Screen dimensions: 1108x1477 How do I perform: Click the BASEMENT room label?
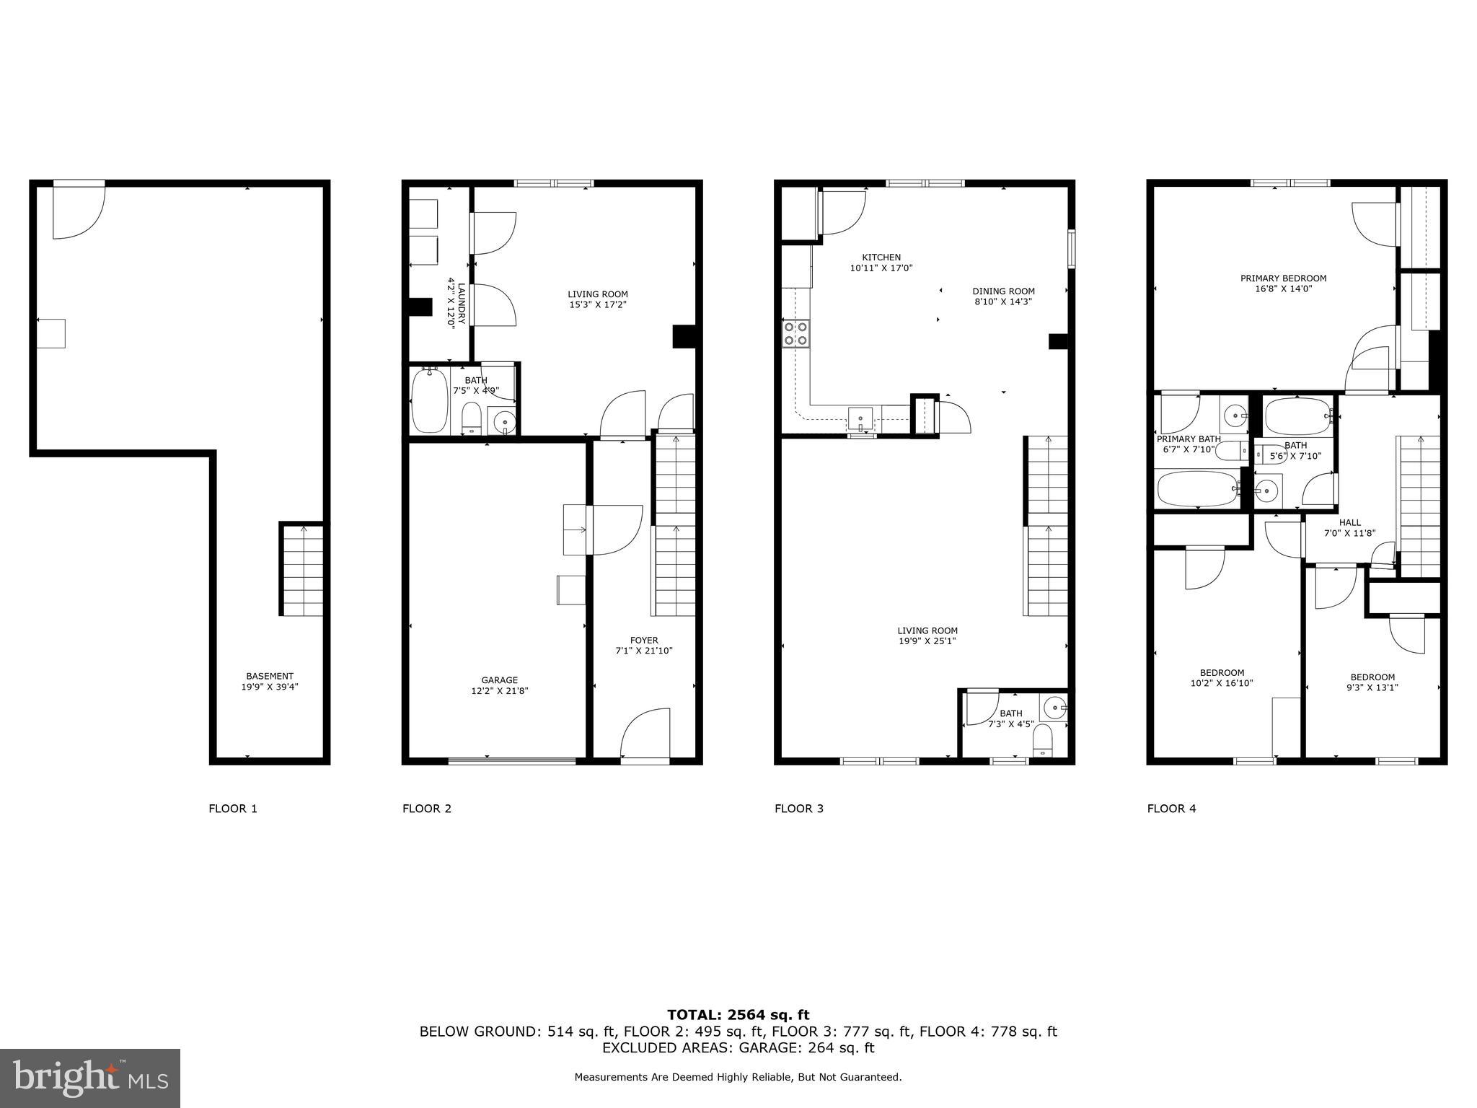[269, 677]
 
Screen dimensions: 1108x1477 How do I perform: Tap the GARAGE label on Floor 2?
[499, 680]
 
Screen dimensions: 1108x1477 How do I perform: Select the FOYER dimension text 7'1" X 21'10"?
[643, 651]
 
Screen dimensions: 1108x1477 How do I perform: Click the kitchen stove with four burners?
[796, 334]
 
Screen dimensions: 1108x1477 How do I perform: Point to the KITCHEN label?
[881, 258]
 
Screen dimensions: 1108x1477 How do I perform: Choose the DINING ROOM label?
[1002, 291]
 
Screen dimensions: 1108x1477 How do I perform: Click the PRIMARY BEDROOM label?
[1283, 278]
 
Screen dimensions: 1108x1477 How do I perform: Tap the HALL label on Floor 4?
[1349, 523]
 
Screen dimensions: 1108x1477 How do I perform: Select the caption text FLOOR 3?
[798, 809]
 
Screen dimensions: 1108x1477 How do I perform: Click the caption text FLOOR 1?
[232, 809]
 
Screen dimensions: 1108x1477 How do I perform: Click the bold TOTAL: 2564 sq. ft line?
[738, 1016]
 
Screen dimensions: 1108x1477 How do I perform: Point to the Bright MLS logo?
[90, 1078]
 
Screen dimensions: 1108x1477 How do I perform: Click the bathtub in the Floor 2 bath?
[429, 400]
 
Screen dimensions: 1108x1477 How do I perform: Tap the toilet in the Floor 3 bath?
[1043, 741]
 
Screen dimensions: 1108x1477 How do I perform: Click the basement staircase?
[301, 570]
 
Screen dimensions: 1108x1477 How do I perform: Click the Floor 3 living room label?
[927, 630]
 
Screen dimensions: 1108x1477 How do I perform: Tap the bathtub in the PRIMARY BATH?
[1197, 489]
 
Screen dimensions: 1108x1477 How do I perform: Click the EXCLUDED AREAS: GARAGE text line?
[738, 1047]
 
